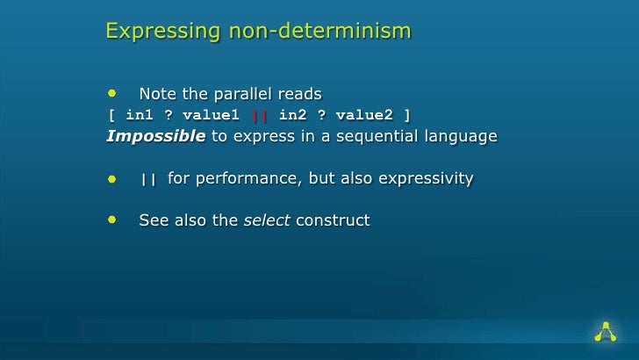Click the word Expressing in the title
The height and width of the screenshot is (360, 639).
152,32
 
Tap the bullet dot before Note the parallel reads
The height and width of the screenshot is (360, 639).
112,93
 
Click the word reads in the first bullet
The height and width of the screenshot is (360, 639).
299,94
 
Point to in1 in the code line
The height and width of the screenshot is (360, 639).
140,115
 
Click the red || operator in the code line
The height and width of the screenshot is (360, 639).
258,115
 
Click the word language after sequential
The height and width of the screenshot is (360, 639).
461,137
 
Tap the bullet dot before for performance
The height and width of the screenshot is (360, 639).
112,178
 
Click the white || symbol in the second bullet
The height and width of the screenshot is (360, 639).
148,179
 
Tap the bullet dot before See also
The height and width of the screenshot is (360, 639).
112,220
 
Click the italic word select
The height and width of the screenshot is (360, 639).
267,220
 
